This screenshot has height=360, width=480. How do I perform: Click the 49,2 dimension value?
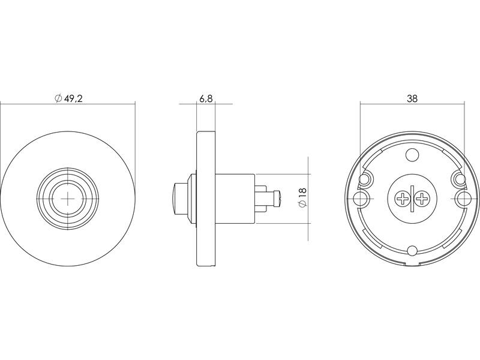click(x=73, y=98)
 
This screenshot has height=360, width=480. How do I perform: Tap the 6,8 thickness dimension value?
click(x=206, y=99)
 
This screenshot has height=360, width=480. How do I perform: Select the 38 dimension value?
click(x=412, y=98)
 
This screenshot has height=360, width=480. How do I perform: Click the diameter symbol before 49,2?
click(x=58, y=98)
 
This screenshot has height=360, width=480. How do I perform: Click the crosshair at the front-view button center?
click(x=68, y=199)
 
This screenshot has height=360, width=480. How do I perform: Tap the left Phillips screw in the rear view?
click(x=401, y=199)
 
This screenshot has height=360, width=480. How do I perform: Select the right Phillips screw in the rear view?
click(x=422, y=199)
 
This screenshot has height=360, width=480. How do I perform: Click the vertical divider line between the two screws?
click(x=412, y=199)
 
